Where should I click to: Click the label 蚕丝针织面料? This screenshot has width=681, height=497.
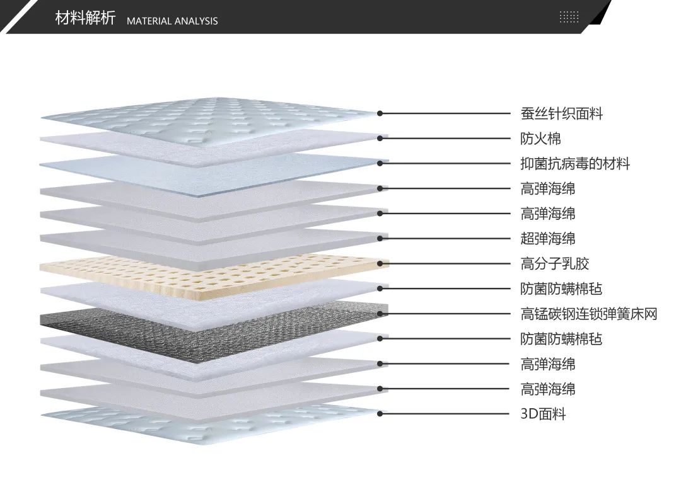[x=562, y=114]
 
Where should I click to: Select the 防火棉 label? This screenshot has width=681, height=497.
[x=540, y=139]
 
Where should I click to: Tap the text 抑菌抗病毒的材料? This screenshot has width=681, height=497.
[x=575, y=164]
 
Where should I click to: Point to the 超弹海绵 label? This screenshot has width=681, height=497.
[x=548, y=239]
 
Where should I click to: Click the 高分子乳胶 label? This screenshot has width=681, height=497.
[x=555, y=264]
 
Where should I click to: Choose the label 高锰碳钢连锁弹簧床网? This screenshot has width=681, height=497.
[x=589, y=314]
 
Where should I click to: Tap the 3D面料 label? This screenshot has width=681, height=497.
[x=543, y=414]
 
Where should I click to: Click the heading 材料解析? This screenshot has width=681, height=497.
[x=85, y=18]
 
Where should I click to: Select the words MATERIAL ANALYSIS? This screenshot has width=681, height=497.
[x=172, y=21]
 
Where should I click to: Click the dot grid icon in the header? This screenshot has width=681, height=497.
[x=569, y=17]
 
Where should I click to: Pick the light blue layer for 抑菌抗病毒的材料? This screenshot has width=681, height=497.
[x=208, y=165]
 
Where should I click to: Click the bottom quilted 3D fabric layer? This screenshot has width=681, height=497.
[x=208, y=421]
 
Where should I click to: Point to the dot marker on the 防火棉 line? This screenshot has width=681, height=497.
[x=380, y=139]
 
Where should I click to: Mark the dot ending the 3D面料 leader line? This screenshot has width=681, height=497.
[x=380, y=414]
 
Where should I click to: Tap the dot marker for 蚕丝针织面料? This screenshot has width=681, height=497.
[x=380, y=113]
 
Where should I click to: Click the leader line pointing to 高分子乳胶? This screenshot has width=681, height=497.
[x=448, y=263]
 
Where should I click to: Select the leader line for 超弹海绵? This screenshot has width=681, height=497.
[x=448, y=238]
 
